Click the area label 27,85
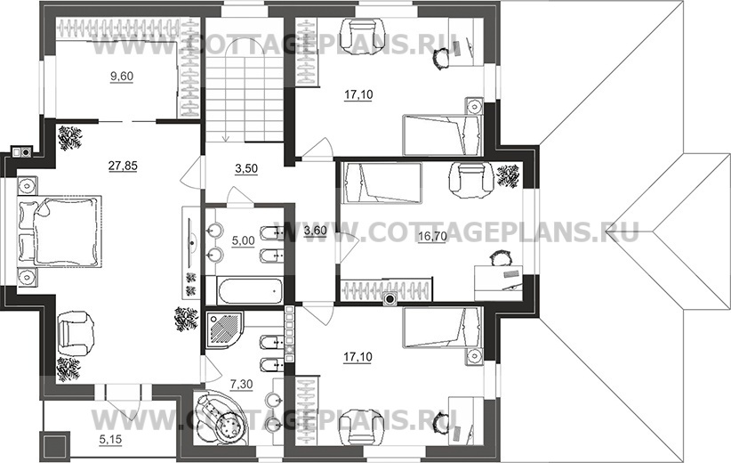point(123,166)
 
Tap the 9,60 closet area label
point(122,76)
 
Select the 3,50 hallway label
point(246,168)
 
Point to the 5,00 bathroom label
point(244,240)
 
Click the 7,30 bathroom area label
point(242,385)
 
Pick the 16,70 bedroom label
point(432,237)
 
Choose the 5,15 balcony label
point(110,439)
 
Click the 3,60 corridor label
point(315,230)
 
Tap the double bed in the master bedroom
point(60,231)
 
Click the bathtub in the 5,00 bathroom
point(250,291)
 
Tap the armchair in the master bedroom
point(75,333)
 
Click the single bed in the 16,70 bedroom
point(382,183)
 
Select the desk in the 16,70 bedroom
point(498,282)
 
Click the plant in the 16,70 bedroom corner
point(508,175)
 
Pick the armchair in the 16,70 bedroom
point(470,178)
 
